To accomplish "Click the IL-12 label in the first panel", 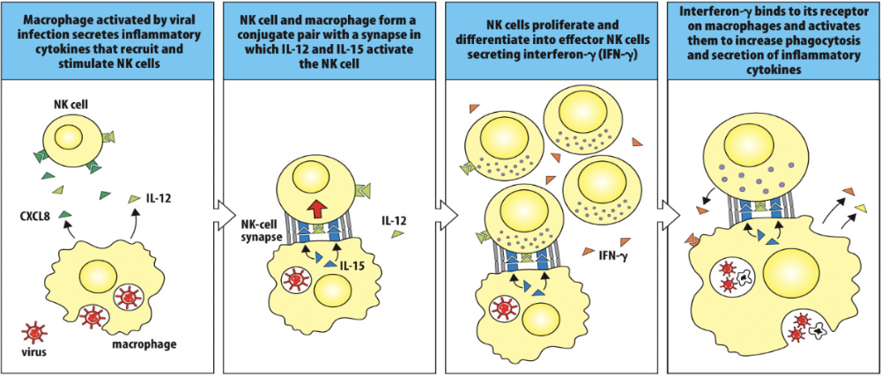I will [158, 201].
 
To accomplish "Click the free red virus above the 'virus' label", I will [36, 330].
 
